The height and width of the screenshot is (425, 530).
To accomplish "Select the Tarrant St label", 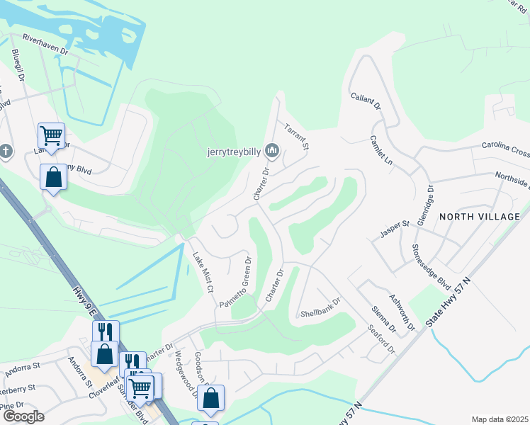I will click(298, 137).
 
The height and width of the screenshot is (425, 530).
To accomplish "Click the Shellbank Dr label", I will click(320, 312).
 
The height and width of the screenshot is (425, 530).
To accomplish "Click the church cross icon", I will click(6, 152).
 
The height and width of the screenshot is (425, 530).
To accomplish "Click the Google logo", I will click(23, 416).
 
